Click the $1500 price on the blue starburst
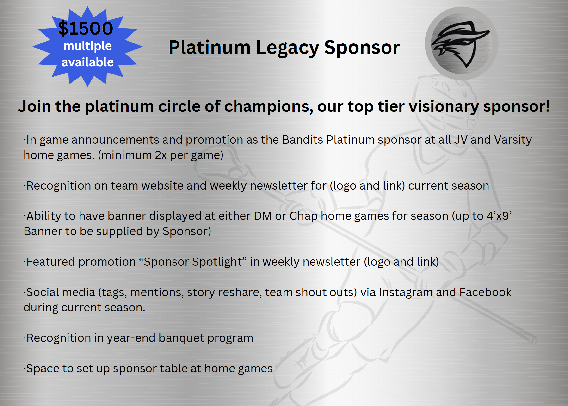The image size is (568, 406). (x=86, y=28)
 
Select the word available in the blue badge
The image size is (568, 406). (x=87, y=62)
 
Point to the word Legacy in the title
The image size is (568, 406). (x=288, y=48)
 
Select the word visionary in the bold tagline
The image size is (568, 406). (x=444, y=107)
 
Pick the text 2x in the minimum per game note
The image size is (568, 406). (x=161, y=155)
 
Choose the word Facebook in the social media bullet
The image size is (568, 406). (x=485, y=292)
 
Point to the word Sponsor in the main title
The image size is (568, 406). (x=362, y=48)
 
